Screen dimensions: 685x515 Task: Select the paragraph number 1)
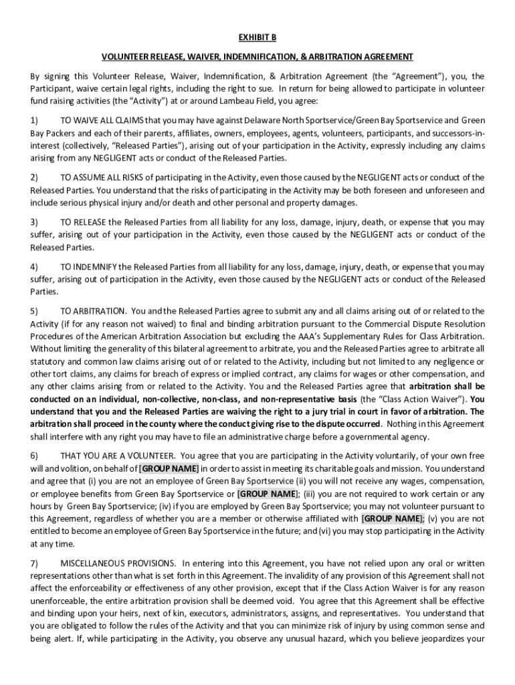pyautogui.click(x=34, y=120)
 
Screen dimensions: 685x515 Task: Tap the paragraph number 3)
pyautogui.click(x=34, y=221)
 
